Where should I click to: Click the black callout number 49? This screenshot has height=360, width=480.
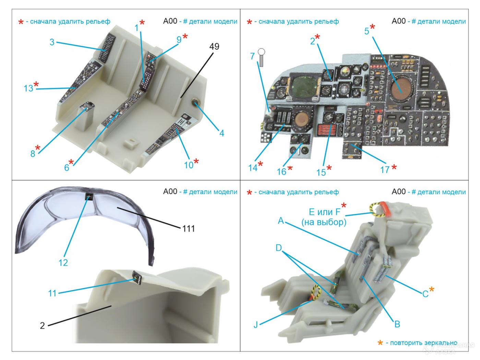click(x=214, y=46)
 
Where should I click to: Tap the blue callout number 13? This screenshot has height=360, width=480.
click(x=28, y=88)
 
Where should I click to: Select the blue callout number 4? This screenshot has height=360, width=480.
click(x=222, y=133)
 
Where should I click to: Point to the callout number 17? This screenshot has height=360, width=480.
click(x=385, y=169)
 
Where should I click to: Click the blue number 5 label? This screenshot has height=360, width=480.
click(x=367, y=31)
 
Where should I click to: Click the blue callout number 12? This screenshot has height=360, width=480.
click(x=63, y=263)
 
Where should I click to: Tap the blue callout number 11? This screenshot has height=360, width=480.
click(x=52, y=293)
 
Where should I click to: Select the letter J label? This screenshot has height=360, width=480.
click(x=256, y=324)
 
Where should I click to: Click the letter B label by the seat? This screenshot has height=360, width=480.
click(x=397, y=324)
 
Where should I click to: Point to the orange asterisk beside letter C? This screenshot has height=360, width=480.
click(x=432, y=290)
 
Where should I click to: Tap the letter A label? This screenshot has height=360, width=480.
click(x=281, y=221)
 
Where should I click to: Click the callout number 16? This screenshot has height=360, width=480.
click(x=281, y=171)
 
